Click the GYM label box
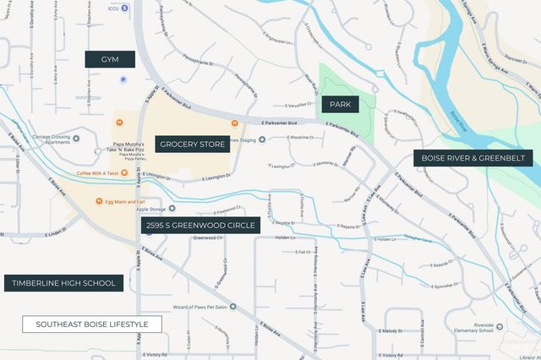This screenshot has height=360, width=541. coord(110,59)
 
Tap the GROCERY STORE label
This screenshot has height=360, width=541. coord(192,145)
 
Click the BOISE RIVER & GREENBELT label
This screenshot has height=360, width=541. coord(473,157)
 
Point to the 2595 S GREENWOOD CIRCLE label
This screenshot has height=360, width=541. coord(200,226)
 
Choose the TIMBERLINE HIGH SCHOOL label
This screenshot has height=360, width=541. coord(64,283)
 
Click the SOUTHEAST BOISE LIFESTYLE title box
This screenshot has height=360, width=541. coord(92,325)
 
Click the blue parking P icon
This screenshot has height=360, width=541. coord(123,79)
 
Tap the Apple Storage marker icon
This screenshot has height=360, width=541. coord(172,208)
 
